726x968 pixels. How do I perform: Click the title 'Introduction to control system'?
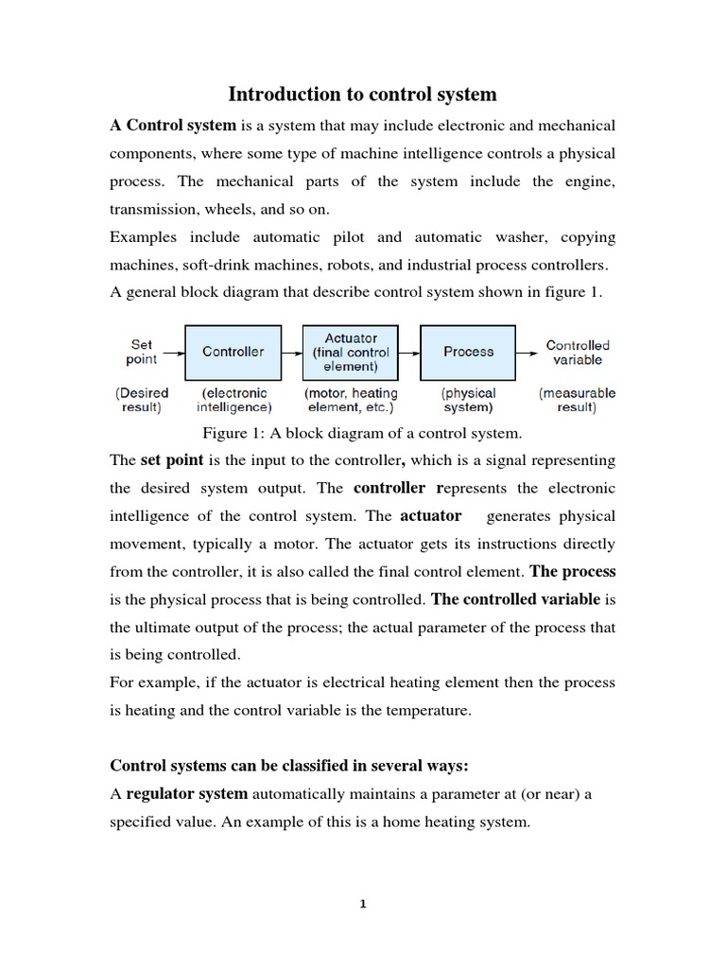pos(362,95)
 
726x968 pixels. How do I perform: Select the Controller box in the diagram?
pos(233,352)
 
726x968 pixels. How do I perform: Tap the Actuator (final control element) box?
pos(351,352)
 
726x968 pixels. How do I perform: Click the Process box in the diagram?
pos(468,352)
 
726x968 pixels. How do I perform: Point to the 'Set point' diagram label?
pos(142,353)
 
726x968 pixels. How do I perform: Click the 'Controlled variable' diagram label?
pos(578,353)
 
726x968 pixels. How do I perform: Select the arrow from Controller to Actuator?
pos(290,352)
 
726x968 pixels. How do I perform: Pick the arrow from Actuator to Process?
pos(408,352)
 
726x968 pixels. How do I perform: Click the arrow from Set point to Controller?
pos(172,352)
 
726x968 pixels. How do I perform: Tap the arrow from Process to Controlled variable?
pos(527,352)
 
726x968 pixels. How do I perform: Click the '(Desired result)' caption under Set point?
pos(143,400)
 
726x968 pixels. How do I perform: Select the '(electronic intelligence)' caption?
pos(233,400)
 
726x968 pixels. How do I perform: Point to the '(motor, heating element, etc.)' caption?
pos(351,400)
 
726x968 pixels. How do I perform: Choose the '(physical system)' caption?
pos(468,400)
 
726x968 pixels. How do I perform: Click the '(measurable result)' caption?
pos(577,400)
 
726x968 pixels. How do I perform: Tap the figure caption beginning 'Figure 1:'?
pos(362,434)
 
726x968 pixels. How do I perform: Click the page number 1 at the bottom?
pos(362,904)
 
